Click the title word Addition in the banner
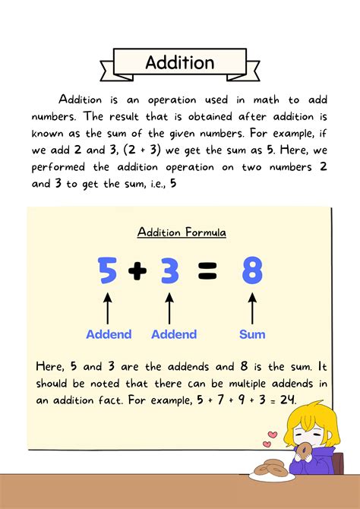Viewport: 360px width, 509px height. (x=180, y=62)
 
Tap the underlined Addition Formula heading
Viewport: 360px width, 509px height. (x=182, y=232)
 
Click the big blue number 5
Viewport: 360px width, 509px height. (x=109, y=272)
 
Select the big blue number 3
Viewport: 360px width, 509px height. (x=170, y=272)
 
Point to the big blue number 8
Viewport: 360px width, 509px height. (x=252, y=272)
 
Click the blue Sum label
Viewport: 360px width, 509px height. (x=252, y=334)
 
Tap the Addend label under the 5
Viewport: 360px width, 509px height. (x=109, y=334)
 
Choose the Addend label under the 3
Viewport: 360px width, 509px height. (x=175, y=334)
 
